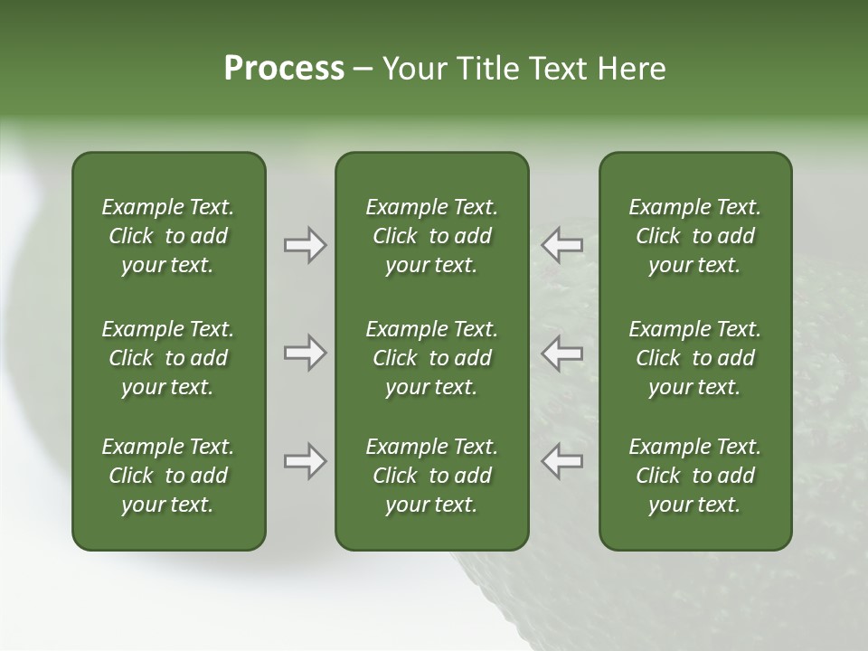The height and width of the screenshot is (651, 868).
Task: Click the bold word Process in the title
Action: (284, 69)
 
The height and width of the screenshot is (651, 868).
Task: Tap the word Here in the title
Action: (632, 69)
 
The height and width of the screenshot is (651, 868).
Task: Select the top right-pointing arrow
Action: (305, 245)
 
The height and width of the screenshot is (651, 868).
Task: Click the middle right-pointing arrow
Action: (305, 353)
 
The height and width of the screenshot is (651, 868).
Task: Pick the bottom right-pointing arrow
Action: (305, 461)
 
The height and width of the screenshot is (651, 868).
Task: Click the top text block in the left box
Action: (168, 236)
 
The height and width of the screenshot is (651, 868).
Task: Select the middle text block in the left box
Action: (168, 358)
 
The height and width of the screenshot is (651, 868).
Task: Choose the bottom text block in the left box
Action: (168, 476)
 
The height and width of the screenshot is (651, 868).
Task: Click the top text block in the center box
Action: (431, 236)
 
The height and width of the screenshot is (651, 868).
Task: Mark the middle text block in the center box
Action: (431, 358)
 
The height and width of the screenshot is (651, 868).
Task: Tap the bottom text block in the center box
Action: (431, 476)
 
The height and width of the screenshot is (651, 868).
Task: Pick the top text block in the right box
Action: (694, 236)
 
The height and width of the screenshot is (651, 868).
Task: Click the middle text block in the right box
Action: (694, 358)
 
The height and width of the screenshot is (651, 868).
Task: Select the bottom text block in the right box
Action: (694, 476)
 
